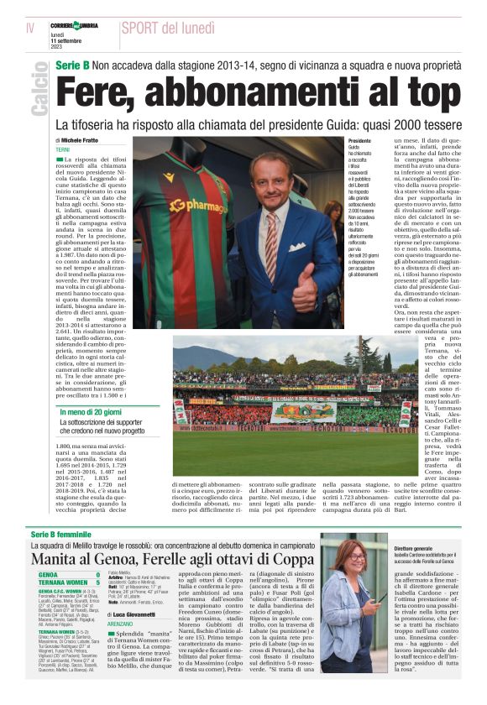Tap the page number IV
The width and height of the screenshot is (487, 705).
[x=29, y=29]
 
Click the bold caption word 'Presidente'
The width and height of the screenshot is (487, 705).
[x=360, y=140]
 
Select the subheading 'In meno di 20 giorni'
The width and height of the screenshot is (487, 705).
[x=92, y=412]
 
